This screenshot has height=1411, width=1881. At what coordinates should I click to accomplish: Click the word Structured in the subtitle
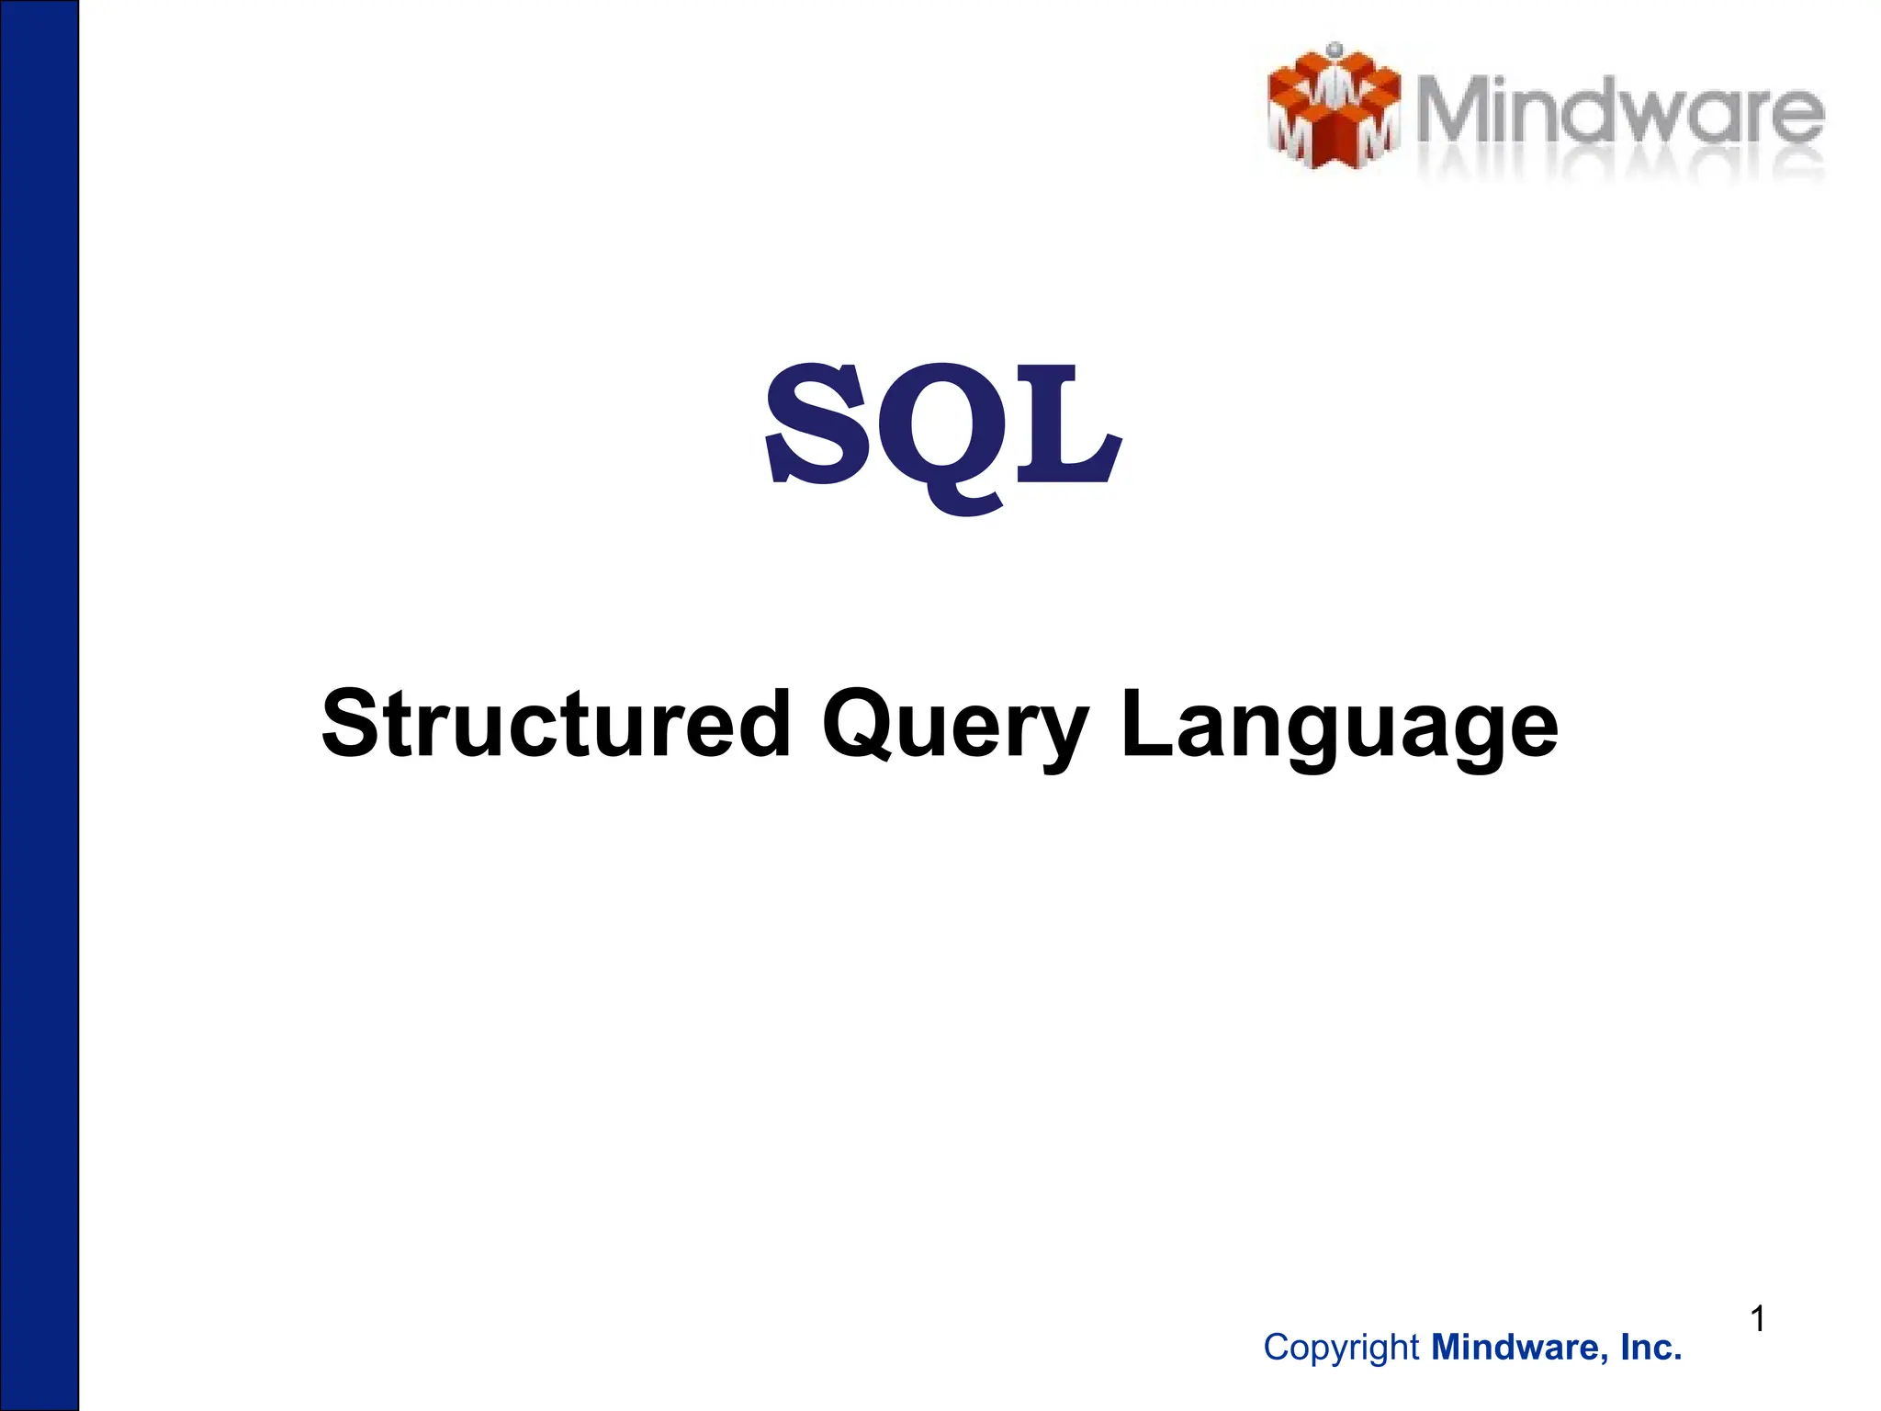tap(555, 726)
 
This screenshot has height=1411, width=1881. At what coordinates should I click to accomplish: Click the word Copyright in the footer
tap(1341, 1348)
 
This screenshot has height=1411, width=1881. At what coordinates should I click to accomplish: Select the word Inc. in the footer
tap(1651, 1348)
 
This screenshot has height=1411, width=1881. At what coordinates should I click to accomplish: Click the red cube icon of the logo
tap(1333, 110)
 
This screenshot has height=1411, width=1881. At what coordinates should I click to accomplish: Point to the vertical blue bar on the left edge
tap(39, 705)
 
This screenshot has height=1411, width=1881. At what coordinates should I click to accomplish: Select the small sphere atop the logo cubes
tap(1335, 49)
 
